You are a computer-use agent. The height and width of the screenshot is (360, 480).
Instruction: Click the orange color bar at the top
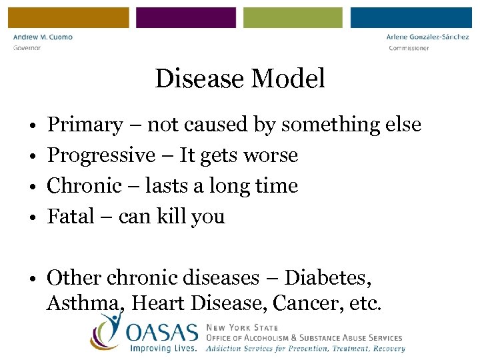click(65, 18)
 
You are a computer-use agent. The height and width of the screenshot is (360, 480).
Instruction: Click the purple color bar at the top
click(186, 18)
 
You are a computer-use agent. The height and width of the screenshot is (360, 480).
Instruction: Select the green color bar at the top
click(293, 18)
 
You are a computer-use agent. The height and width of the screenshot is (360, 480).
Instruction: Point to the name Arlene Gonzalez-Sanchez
click(427, 37)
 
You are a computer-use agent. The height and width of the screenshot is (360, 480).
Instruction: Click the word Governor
click(27, 48)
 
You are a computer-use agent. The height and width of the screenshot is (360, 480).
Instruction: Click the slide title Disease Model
click(240, 79)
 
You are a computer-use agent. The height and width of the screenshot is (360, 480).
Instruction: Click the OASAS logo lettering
click(163, 331)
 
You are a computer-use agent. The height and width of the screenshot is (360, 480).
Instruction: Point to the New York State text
click(242, 328)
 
